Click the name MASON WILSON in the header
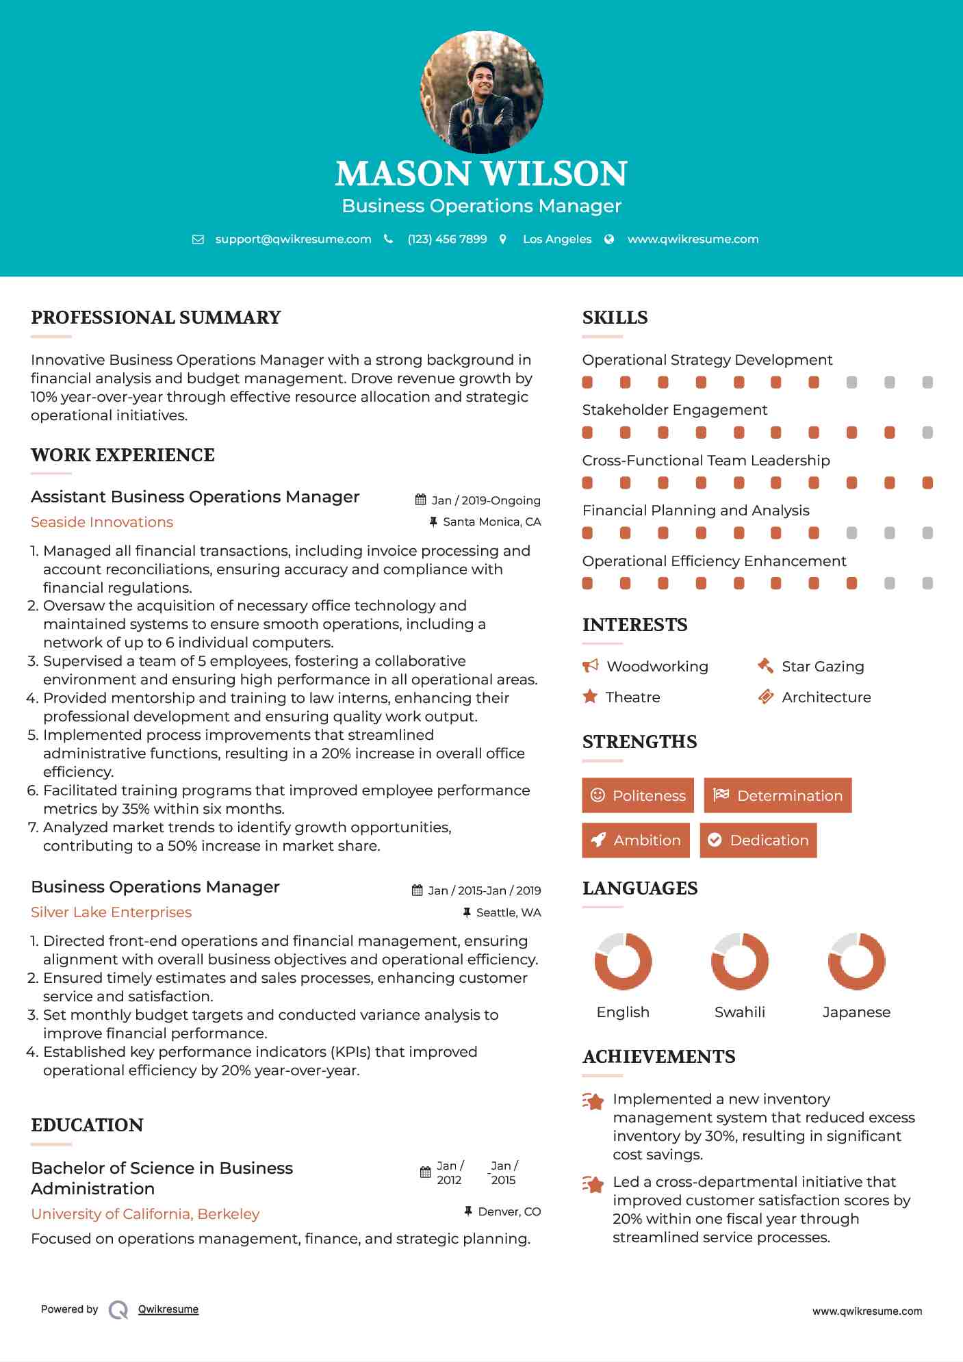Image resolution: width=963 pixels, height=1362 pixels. click(x=481, y=174)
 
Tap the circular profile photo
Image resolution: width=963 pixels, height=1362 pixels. click(x=481, y=92)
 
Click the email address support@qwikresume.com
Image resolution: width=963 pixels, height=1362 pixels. click(x=293, y=239)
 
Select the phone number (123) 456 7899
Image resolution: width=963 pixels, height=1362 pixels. click(x=447, y=239)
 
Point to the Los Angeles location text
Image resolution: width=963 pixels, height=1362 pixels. click(x=557, y=239)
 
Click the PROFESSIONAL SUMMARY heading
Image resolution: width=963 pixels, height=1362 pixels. click(x=156, y=318)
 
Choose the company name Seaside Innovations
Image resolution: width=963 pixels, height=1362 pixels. click(x=102, y=522)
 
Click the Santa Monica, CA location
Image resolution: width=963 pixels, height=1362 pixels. click(x=491, y=522)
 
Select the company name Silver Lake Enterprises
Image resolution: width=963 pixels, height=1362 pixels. click(x=111, y=912)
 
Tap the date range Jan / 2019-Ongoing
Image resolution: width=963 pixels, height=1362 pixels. click(x=485, y=500)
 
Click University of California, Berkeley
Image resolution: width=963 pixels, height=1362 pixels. click(x=145, y=1213)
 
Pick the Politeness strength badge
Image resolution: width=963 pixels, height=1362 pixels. click(x=638, y=795)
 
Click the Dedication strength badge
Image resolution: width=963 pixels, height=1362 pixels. click(x=758, y=840)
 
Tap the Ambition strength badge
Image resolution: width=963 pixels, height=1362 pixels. click(x=636, y=840)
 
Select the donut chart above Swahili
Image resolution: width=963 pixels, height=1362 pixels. click(x=740, y=961)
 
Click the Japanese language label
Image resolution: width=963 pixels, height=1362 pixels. click(x=856, y=1012)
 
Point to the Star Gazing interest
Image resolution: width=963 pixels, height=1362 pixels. click(x=823, y=667)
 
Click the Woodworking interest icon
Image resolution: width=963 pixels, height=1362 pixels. click(x=590, y=666)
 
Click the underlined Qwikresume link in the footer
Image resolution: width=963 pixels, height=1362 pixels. click(x=168, y=1309)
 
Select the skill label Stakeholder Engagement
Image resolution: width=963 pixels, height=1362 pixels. click(x=674, y=410)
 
